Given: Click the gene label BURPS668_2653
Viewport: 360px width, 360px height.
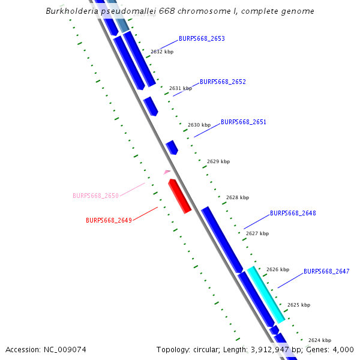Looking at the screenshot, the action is click(x=202, y=38).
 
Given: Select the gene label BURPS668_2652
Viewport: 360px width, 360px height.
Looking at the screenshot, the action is click(x=223, y=82).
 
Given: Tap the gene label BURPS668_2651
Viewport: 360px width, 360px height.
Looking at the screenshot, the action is click(x=244, y=122).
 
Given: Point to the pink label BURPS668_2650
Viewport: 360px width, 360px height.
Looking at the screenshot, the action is click(x=95, y=196).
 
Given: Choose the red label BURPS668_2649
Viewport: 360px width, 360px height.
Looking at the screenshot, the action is click(x=109, y=220).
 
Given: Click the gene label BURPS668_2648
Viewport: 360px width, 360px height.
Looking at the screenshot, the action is click(x=293, y=213).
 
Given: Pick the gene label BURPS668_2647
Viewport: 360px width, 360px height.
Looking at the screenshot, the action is click(x=326, y=271).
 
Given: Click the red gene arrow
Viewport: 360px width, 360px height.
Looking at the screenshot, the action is click(x=179, y=196).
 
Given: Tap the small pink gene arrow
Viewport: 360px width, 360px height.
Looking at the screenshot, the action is click(x=167, y=172).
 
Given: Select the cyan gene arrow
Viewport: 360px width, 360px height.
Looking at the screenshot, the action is click(x=266, y=295).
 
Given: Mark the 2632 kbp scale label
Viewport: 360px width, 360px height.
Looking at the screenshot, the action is click(x=161, y=52).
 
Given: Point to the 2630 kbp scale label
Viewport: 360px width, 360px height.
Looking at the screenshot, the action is click(x=199, y=125).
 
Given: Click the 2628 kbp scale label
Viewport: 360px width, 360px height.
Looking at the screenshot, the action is click(x=237, y=197).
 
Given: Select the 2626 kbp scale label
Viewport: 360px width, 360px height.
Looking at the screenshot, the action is click(x=277, y=269).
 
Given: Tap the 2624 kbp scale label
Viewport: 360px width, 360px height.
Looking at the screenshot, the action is click(x=319, y=340).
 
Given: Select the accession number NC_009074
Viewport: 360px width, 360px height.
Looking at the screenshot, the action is click(x=65, y=350).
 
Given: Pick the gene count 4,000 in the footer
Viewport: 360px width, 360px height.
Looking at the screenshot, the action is click(x=343, y=350).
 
